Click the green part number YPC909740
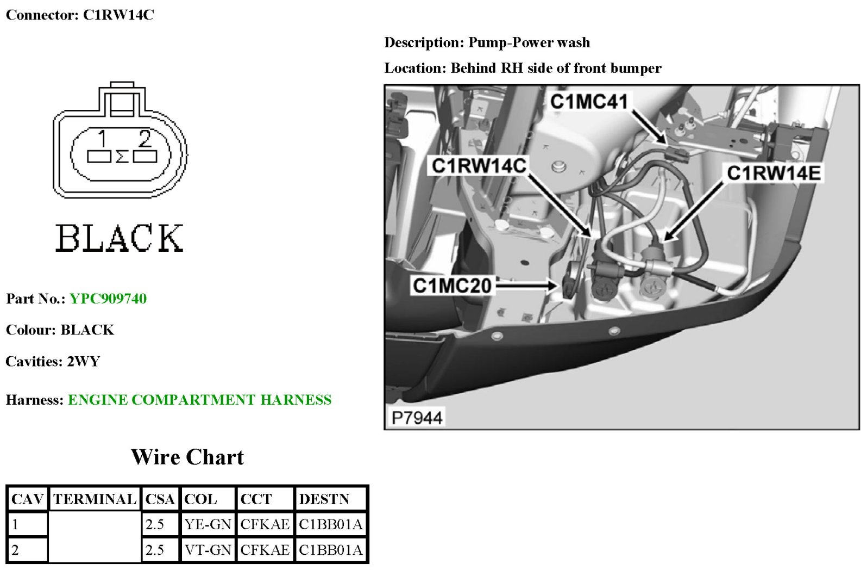pos(108,299)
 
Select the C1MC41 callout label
pos(589,102)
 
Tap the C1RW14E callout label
pos(774,173)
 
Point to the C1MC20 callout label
pos(452,286)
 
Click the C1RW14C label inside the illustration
pos(479,166)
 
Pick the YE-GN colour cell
pos(208,524)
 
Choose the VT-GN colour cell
pos(208,550)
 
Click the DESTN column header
pos(324,499)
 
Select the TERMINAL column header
pos(95,499)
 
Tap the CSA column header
pos(160,499)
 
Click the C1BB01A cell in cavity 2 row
pos(330,550)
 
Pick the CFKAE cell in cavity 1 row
pos(265,524)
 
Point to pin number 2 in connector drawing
pos(144,139)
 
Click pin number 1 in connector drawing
pos(102,139)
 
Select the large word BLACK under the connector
pos(120,238)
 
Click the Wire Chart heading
pos(187,457)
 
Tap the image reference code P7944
pos(417,418)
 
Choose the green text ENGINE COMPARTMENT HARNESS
pos(199,400)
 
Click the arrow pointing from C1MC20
pos(526,284)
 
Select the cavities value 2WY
pos(84,362)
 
